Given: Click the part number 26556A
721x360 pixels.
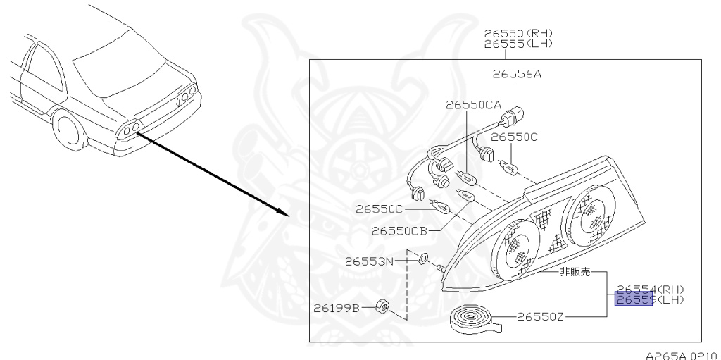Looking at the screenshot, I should tap(517, 74).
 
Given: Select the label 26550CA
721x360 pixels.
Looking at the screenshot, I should tap(475, 104).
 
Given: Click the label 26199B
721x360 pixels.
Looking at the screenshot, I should tap(337, 308).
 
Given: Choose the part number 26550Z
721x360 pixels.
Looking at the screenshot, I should tap(540, 317).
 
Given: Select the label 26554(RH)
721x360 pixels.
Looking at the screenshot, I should tap(650, 289).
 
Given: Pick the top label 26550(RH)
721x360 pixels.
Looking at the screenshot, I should tap(518, 33).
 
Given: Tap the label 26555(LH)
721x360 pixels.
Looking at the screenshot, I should tap(518, 44).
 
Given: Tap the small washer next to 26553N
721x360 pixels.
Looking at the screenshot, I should tap(422, 260).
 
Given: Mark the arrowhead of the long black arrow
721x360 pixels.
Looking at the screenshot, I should tap(283, 213).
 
